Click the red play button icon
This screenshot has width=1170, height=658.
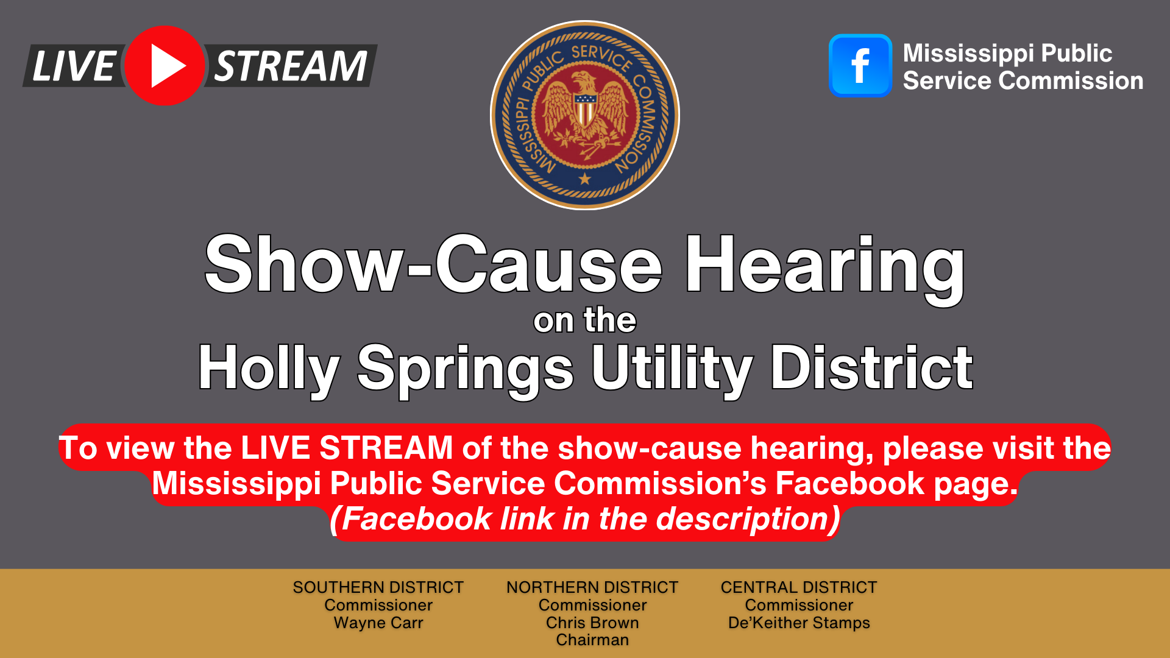click(165, 66)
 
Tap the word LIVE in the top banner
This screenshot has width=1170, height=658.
click(73, 66)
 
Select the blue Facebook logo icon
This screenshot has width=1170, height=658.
click(860, 65)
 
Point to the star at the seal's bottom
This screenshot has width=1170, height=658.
click(585, 179)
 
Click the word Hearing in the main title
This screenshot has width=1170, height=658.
click(826, 266)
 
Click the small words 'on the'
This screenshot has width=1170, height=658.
click(585, 320)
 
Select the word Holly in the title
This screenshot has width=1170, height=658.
click(269, 369)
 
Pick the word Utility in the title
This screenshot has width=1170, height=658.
click(672, 369)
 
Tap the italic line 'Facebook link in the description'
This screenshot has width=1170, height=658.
click(585, 520)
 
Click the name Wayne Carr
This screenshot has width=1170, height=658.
click(378, 623)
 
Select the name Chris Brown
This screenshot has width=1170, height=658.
click(592, 623)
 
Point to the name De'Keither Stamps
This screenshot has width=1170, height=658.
click(799, 623)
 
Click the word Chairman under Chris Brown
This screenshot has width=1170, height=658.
click(592, 640)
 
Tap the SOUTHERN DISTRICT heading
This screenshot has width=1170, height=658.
click(378, 587)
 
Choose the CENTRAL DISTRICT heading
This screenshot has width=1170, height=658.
click(799, 587)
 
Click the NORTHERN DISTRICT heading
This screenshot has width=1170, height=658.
click(592, 587)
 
